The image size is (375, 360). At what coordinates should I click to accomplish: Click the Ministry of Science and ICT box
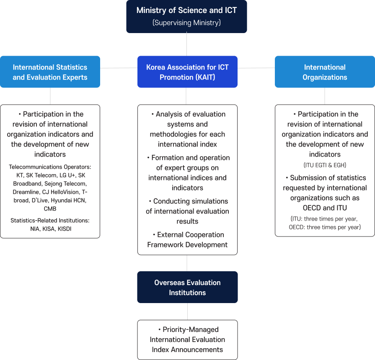tap(186, 16)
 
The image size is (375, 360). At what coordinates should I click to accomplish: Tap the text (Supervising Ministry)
tap(186, 23)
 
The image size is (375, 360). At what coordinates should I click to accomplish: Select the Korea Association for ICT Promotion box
tap(187, 72)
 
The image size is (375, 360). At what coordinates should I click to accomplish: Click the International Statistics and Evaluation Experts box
tap(50, 72)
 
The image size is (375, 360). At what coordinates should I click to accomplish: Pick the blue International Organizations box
tap(325, 72)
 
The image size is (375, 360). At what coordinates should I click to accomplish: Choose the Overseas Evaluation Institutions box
tap(187, 288)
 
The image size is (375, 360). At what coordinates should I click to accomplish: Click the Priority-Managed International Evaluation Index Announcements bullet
tap(187, 339)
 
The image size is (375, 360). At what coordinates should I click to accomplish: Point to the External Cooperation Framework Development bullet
tap(187, 239)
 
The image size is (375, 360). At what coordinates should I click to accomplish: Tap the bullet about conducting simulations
tap(187, 211)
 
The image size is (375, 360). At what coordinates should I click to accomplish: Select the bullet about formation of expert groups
tap(187, 172)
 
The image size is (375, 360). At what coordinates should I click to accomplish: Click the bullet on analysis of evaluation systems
tap(187, 129)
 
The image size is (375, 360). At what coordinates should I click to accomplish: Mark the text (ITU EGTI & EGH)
tap(325, 165)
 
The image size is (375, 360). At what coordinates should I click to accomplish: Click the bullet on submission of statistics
tap(325, 193)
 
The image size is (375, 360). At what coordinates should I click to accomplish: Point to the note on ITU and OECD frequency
tap(325, 223)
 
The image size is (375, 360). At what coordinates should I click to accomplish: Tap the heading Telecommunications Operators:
tap(50, 167)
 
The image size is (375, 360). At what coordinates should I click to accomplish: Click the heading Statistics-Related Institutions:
tap(50, 220)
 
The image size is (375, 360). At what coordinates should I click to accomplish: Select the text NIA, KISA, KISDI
tap(50, 229)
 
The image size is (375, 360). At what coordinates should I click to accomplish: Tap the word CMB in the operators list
tap(50, 208)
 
